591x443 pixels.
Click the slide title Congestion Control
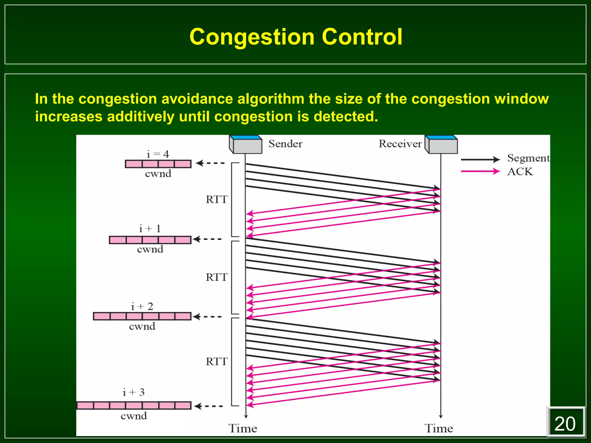296,37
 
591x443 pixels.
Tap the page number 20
565,424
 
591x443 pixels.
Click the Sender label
285,144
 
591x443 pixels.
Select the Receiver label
400,144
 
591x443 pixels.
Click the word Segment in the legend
528,158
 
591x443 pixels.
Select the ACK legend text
520,172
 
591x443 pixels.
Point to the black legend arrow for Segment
480,159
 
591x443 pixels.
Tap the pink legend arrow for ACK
480,171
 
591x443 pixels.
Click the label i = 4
158,154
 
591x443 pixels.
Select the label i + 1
150,229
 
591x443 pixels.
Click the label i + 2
142,306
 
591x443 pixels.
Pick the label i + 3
133,392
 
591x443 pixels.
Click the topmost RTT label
216,199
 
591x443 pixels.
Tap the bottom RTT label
216,361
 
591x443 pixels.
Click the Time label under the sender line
243,429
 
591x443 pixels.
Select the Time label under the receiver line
439,429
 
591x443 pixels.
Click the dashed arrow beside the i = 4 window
210,163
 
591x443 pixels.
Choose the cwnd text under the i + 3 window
134,416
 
